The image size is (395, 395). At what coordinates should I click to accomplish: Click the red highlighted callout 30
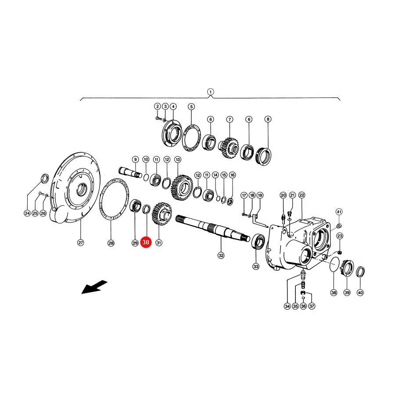coord(146,242)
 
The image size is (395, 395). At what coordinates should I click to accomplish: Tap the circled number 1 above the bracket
coord(210,92)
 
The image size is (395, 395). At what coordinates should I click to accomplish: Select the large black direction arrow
coord(94,287)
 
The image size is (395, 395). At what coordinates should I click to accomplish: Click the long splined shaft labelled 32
coord(213,227)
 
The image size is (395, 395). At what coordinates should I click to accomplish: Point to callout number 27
coord(80,243)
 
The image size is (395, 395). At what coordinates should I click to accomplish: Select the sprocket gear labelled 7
coord(229,147)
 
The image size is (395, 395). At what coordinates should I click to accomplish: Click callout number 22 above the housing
coord(302,195)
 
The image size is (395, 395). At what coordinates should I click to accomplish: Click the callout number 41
coord(339,212)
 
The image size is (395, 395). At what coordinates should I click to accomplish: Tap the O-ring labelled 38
coord(334,264)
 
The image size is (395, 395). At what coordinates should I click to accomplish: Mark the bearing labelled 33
coord(258,241)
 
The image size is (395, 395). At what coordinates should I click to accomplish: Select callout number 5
coord(191,107)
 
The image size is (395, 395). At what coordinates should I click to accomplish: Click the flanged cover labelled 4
coord(172,134)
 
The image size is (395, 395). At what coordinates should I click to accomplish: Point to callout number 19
coord(260,195)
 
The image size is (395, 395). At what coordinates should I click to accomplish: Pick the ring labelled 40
coord(360,271)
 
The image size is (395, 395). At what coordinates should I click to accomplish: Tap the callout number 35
coord(295,306)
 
